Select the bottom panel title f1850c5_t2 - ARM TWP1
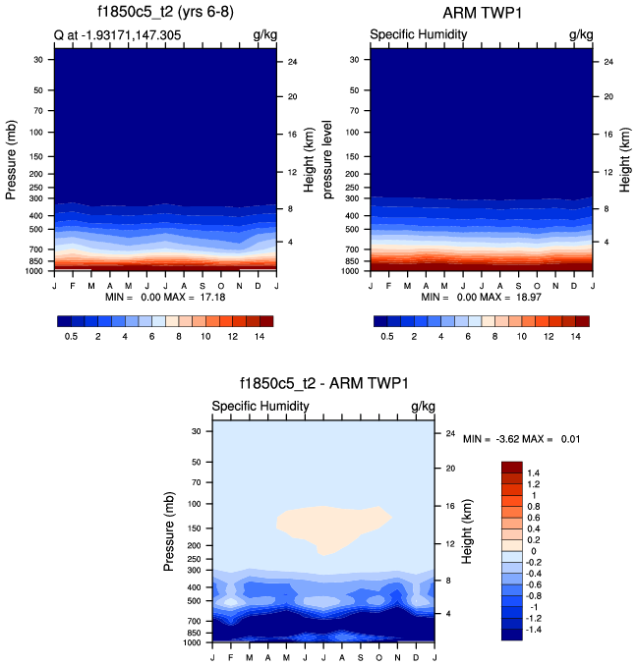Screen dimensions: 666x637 click(x=323, y=384)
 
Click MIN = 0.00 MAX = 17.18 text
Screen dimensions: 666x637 click(x=164, y=297)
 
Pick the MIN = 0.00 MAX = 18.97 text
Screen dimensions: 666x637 click(x=482, y=297)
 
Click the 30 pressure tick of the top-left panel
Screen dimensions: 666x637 click(x=40, y=59)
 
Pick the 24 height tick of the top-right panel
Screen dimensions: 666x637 click(x=608, y=62)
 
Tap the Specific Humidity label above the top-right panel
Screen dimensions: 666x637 click(x=418, y=35)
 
